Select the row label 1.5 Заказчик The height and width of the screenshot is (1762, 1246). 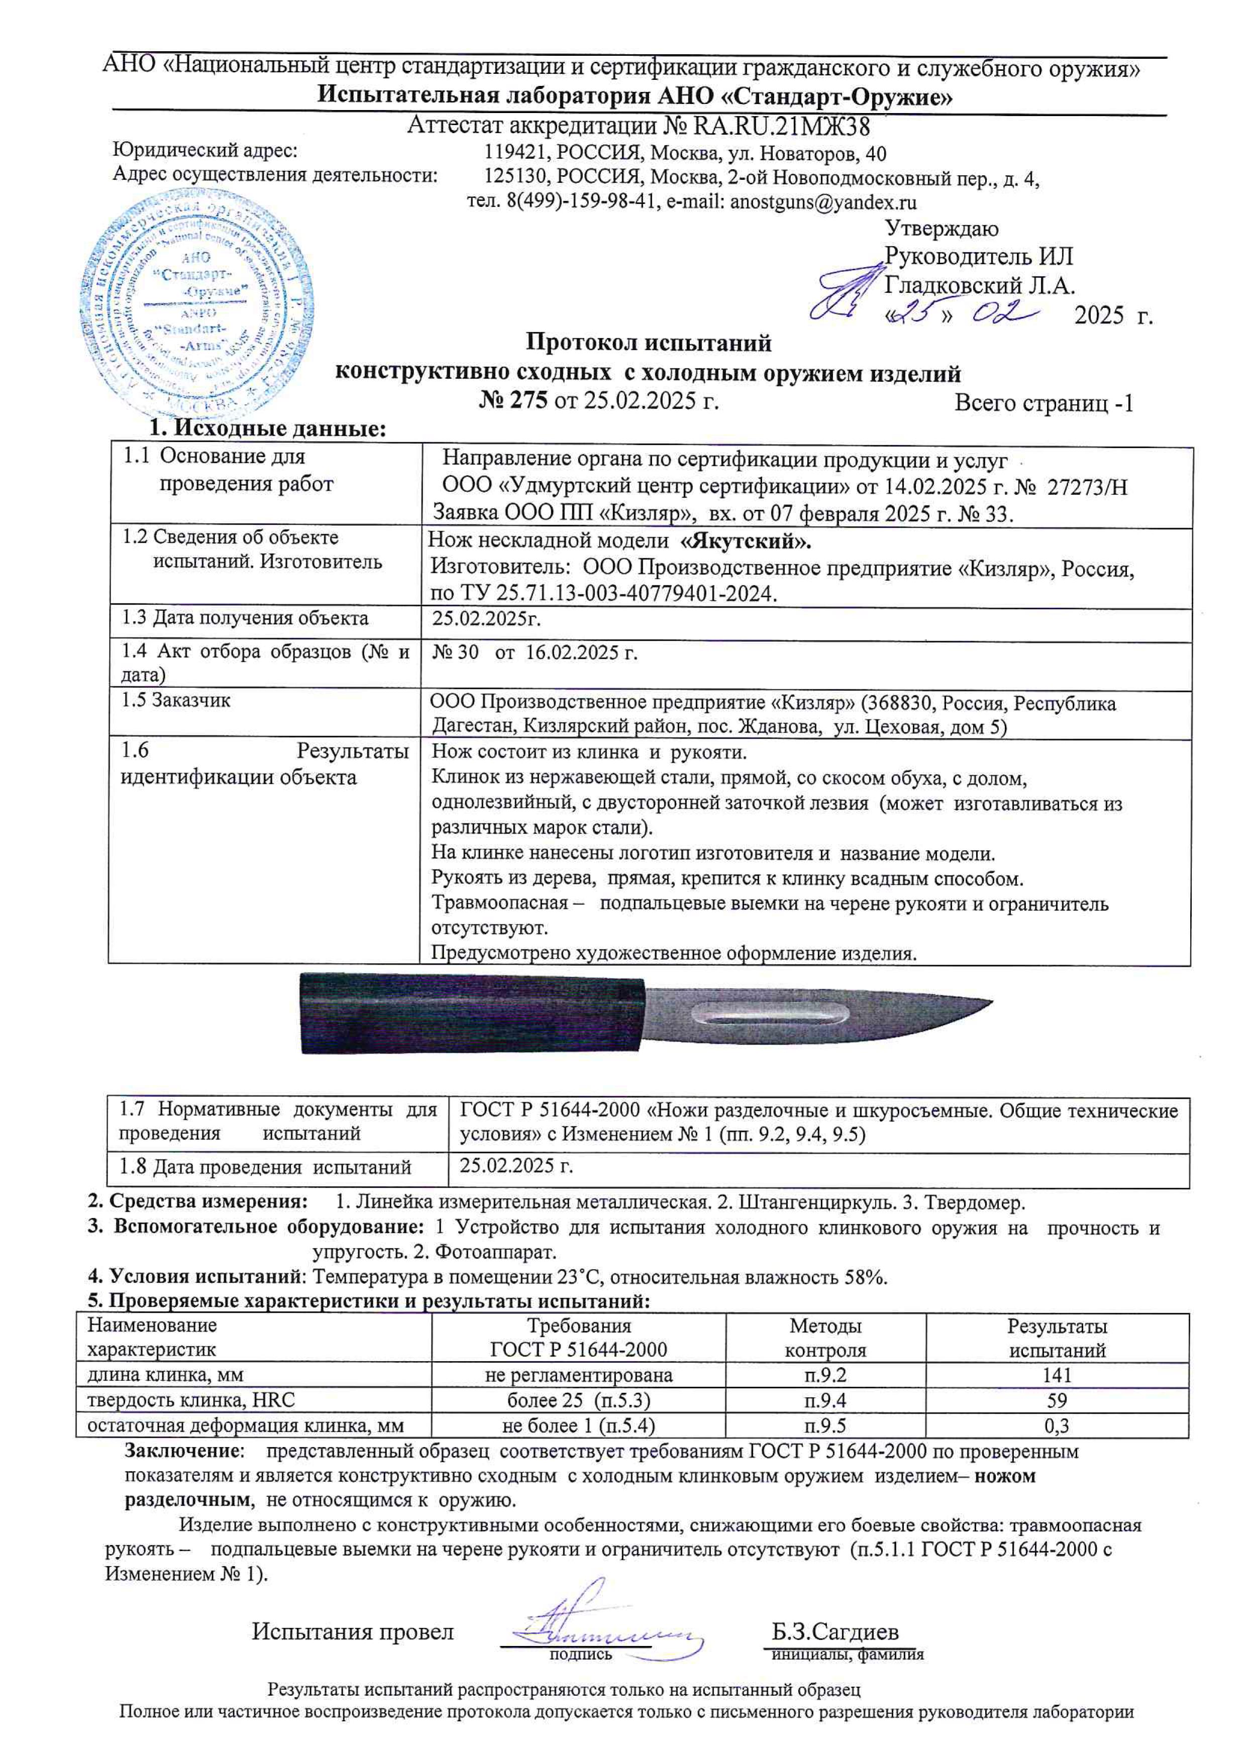[176, 701]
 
